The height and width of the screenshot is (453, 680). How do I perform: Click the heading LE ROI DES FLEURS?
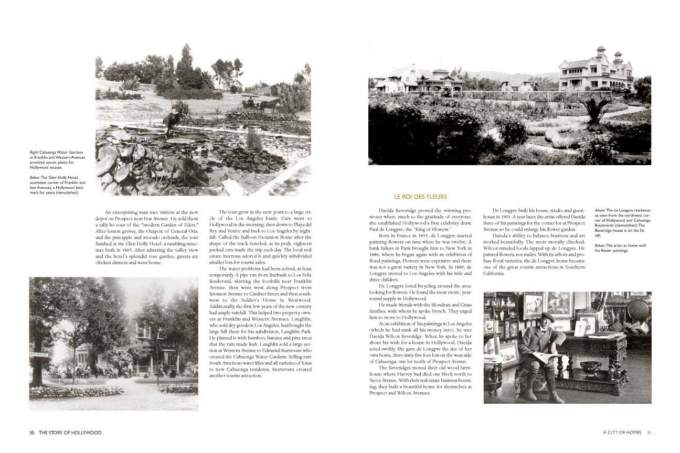tap(416, 197)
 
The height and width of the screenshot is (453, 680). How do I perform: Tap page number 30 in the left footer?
tap(32, 433)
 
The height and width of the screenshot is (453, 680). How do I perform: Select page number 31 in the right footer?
tap(649, 433)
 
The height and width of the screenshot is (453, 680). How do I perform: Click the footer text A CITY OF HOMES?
tap(622, 433)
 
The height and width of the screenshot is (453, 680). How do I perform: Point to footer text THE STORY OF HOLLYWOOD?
tap(70, 433)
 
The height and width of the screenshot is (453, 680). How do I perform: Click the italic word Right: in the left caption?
tap(34, 153)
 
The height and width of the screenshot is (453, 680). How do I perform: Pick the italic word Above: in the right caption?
tap(601, 210)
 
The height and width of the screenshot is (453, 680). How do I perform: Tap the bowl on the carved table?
tap(591, 368)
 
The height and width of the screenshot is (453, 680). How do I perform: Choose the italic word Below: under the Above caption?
tap(601, 245)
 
